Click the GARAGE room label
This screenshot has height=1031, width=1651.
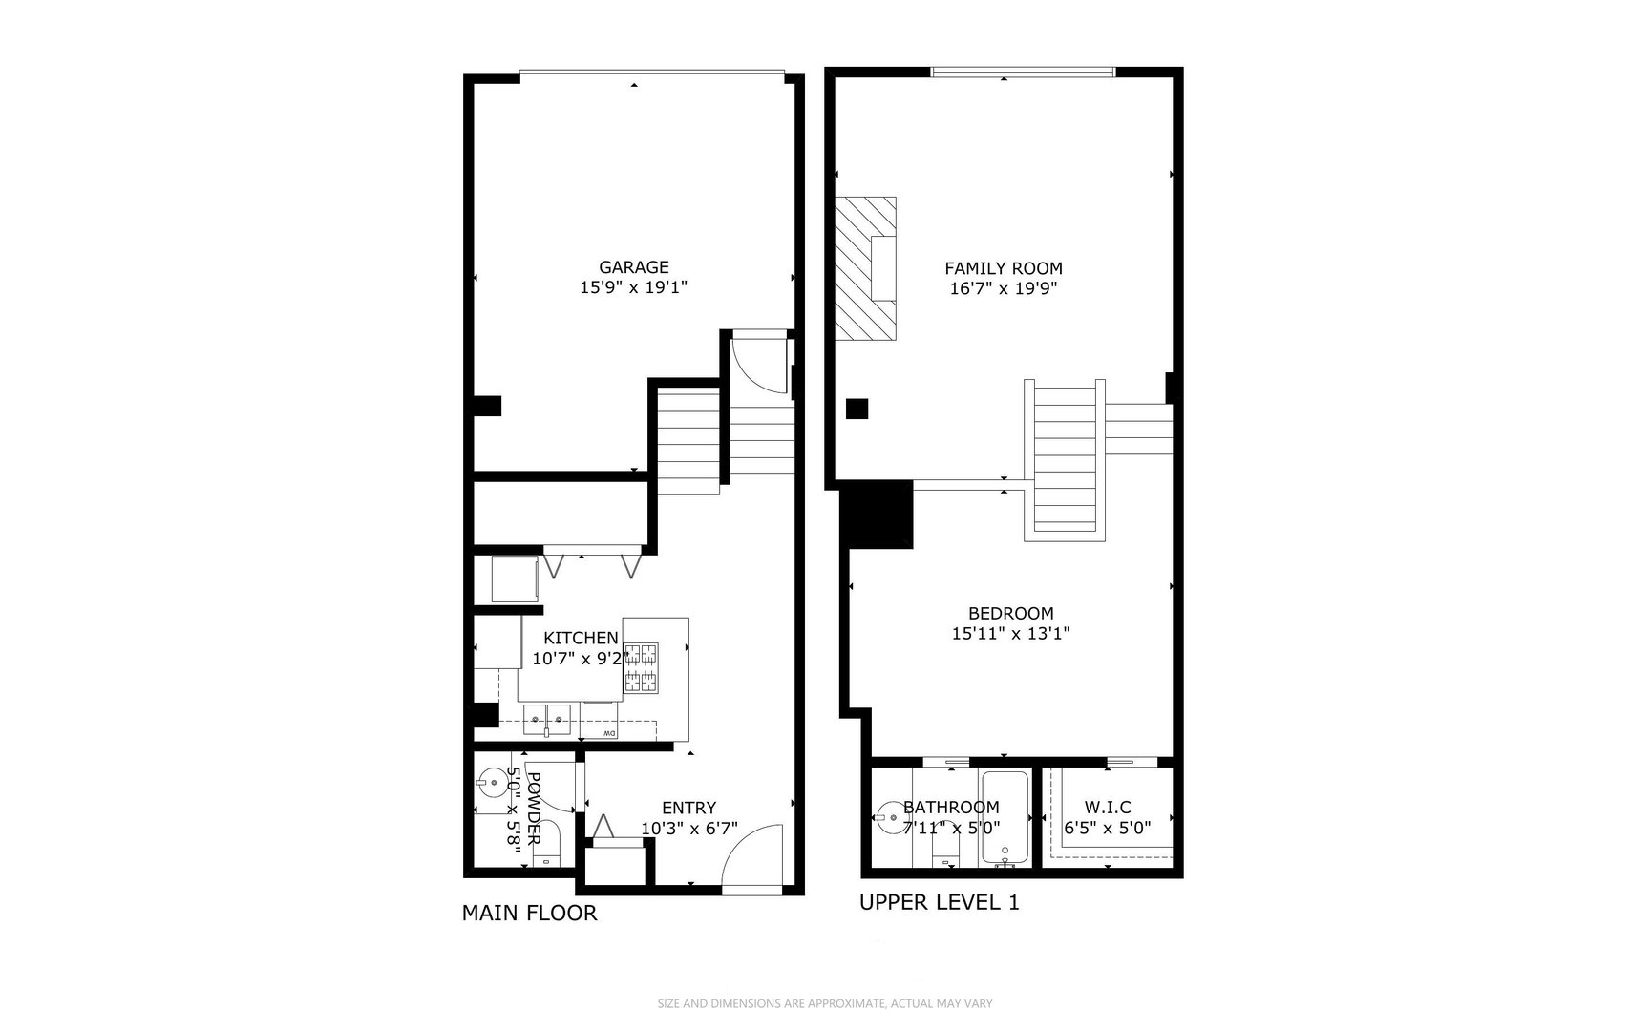[633, 267]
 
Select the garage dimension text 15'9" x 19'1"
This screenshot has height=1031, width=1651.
[633, 287]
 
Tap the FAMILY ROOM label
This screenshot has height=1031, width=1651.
[1003, 268]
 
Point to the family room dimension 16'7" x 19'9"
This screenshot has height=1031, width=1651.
[1003, 288]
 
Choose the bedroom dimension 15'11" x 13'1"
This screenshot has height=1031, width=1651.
[1010, 633]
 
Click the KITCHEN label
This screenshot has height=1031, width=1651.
[581, 638]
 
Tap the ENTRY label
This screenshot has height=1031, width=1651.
[688, 809]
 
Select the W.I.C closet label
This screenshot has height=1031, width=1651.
[1108, 808]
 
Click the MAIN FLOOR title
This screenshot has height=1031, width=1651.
[529, 914]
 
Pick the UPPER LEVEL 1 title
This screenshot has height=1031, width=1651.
[939, 902]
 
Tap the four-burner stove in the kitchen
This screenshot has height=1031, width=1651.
[641, 667]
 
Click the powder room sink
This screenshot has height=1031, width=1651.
[493, 783]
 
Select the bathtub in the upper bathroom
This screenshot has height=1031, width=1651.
[1004, 818]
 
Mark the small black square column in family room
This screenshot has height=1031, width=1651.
[857, 409]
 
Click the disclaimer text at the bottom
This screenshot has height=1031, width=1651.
[825, 1003]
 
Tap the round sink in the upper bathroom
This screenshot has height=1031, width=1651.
[888, 818]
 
